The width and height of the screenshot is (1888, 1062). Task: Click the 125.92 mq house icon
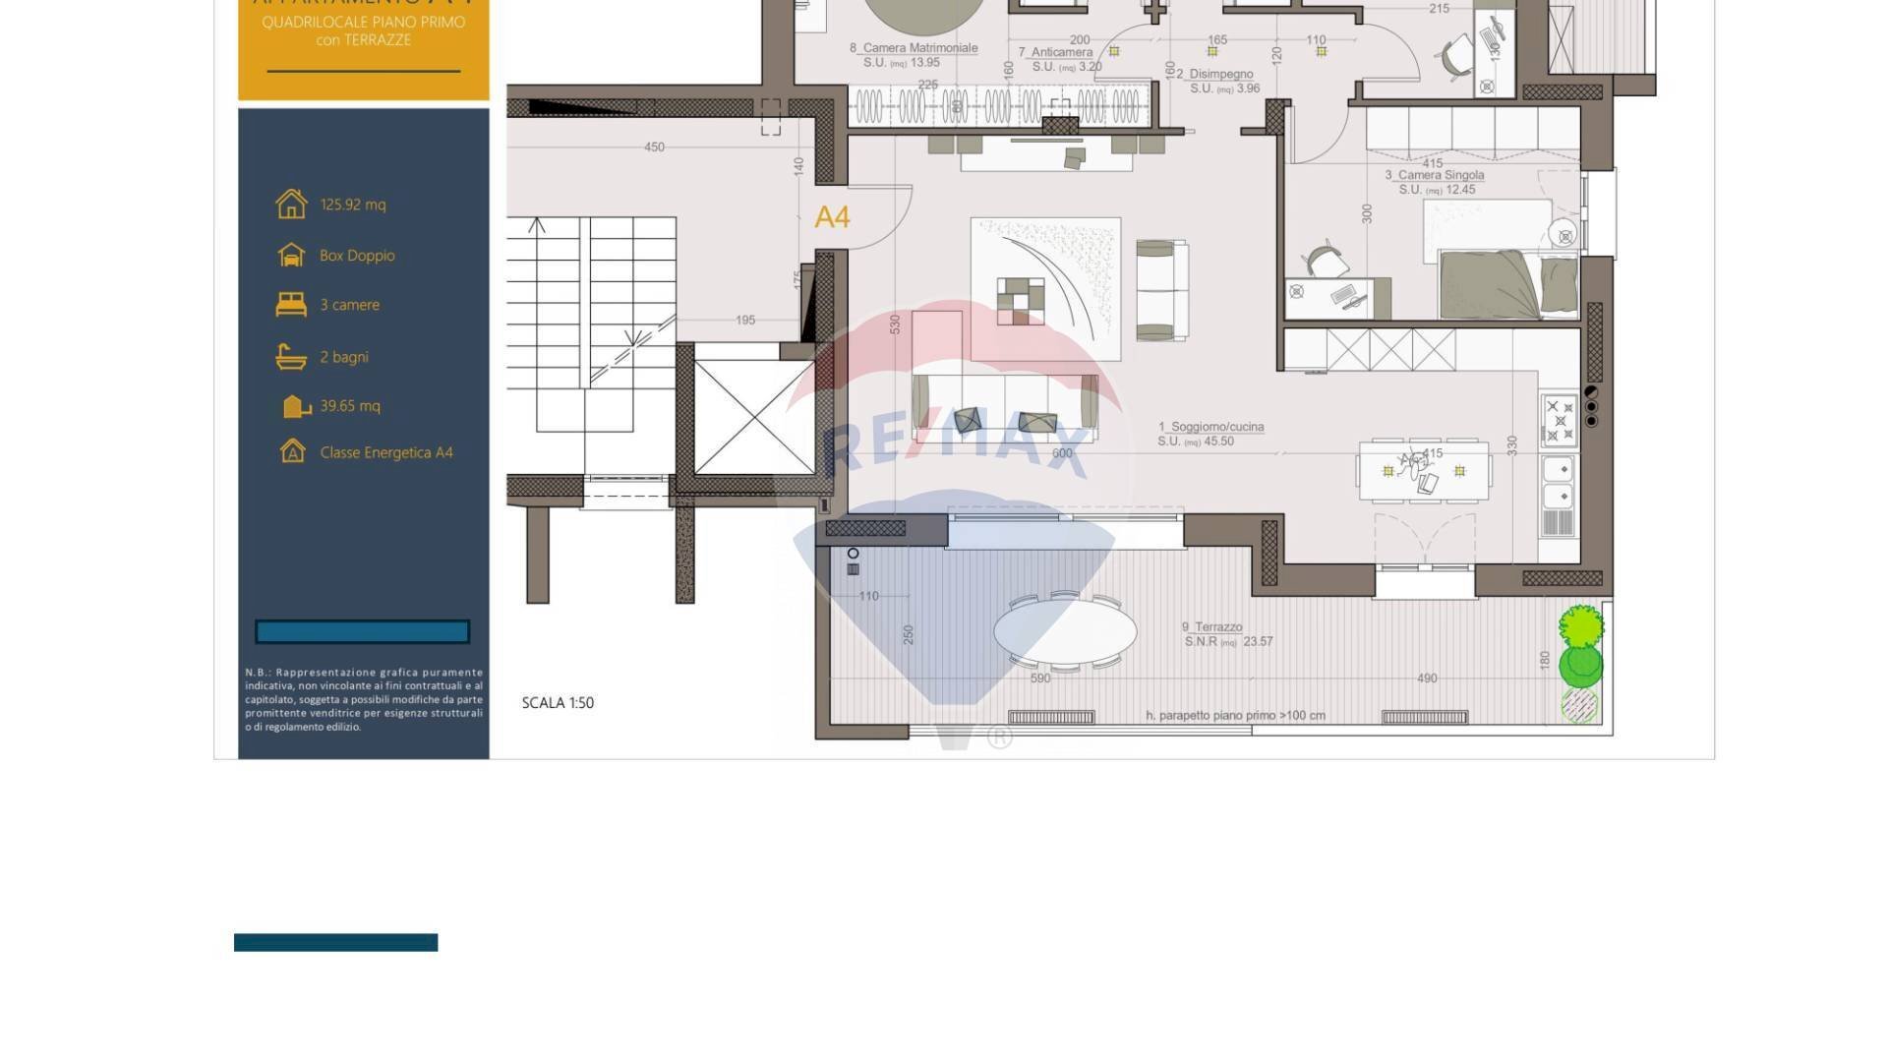tap(291, 204)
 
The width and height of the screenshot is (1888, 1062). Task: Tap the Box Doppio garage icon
tap(291, 255)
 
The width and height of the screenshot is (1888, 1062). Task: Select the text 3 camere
tap(349, 305)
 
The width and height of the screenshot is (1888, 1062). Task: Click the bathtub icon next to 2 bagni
tap(291, 356)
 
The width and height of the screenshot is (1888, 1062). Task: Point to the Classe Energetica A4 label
tap(386, 452)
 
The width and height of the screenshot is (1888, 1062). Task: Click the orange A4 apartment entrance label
tap(832, 217)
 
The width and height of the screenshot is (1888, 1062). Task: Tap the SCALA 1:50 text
tap(558, 702)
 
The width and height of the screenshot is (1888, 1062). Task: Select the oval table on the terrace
tap(1065, 630)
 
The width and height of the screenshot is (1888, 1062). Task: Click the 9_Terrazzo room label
tap(1212, 626)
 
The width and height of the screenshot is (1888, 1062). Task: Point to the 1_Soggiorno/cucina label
tap(1211, 427)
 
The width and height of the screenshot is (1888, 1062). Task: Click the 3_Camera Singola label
tap(1435, 175)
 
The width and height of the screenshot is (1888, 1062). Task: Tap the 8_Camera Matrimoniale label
tap(914, 47)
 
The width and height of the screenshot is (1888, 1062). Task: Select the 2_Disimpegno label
tap(1215, 74)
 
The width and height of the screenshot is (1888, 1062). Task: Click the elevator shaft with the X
tap(754, 417)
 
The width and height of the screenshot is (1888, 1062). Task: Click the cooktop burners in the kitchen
tap(1560, 420)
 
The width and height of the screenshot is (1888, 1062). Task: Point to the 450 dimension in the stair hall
tap(654, 147)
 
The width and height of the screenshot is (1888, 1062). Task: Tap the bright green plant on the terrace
tap(1580, 625)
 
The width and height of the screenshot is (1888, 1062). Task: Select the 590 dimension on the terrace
tap(1040, 678)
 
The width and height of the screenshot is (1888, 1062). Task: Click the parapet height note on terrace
tap(1235, 716)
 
